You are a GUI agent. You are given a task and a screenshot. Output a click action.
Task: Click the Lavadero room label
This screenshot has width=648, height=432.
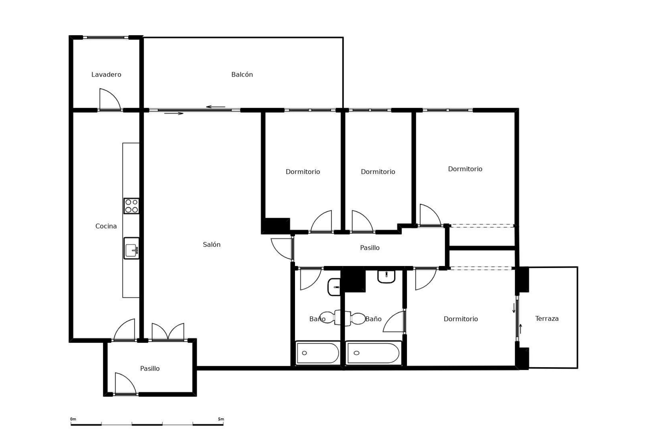coord(106,75)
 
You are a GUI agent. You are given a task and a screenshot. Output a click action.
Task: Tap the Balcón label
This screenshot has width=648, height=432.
coord(242,75)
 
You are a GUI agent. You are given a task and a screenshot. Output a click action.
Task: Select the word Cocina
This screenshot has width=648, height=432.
coord(106,226)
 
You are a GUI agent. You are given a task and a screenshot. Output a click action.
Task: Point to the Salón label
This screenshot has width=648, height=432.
coord(212,245)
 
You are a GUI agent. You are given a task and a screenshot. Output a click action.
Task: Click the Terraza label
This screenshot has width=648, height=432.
coord(547,319)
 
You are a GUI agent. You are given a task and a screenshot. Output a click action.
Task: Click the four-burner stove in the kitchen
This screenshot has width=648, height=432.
coord(131,206)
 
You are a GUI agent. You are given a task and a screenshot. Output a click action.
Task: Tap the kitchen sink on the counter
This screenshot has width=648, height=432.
coord(131,248)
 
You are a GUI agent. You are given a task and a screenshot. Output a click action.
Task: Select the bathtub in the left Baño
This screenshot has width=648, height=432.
coord(317,353)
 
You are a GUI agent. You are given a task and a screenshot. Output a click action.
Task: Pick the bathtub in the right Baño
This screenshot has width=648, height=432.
coord(373,353)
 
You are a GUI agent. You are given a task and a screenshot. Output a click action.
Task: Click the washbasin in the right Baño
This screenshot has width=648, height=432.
coord(386,276)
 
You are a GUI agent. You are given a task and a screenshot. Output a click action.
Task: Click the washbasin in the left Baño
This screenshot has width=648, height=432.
coord(334,287)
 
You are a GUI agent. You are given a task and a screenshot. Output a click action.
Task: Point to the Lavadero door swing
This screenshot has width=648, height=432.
coord(109,99)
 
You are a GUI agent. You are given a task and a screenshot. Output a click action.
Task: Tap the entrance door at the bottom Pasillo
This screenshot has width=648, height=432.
coord(125,384)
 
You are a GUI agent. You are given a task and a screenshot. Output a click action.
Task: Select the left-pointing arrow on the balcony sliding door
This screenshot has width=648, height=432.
coord(215,107)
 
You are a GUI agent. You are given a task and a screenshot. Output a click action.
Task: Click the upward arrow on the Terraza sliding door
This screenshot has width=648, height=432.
coord(520,328)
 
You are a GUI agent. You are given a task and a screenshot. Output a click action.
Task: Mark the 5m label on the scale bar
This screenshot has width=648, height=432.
coord(221,419)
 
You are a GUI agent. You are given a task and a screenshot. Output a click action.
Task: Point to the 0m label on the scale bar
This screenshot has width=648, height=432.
coord(73,419)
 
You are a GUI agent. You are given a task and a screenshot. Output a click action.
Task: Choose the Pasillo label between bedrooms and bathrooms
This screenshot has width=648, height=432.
coord(370,248)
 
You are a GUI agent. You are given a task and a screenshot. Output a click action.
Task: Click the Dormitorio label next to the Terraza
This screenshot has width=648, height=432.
coord(461,319)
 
